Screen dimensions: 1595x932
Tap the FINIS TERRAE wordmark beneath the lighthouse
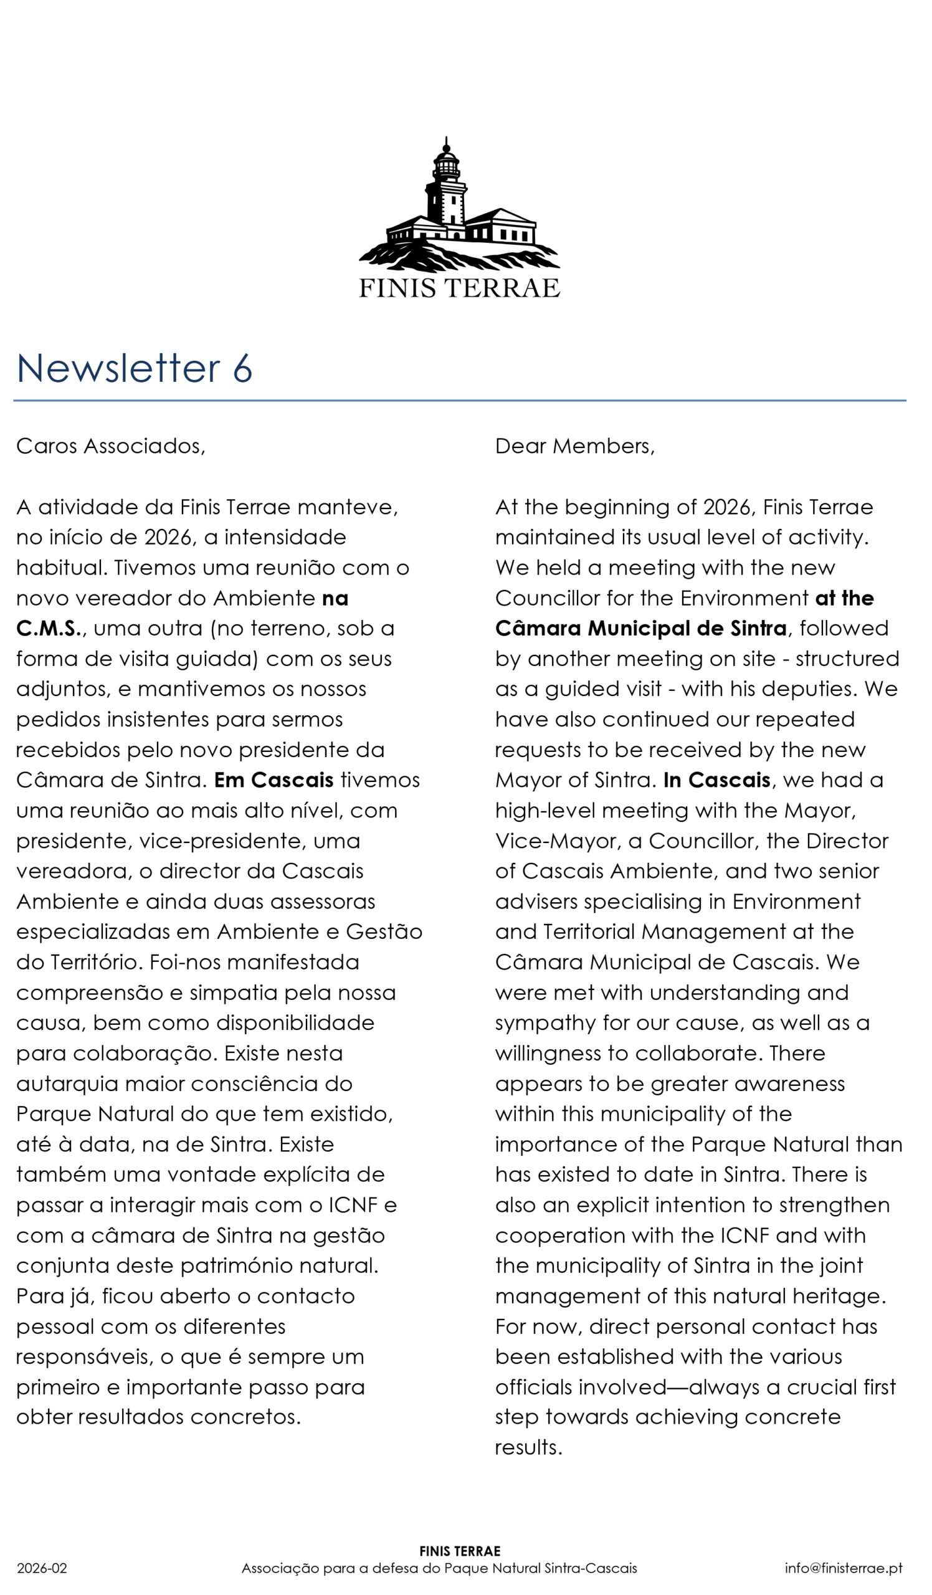point(459,288)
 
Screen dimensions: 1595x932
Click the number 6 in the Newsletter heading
point(242,368)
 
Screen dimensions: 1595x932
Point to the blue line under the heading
point(459,401)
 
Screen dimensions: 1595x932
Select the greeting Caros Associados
point(111,446)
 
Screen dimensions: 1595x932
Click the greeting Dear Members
point(574,446)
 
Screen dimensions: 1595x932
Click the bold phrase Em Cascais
point(273,780)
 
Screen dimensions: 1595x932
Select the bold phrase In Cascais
point(717,780)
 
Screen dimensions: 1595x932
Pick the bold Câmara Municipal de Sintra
point(640,629)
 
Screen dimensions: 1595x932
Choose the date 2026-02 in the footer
point(42,1568)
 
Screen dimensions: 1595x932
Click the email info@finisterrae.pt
point(844,1568)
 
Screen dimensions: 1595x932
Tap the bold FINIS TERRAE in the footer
point(459,1551)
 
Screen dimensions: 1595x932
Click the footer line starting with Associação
point(439,1568)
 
